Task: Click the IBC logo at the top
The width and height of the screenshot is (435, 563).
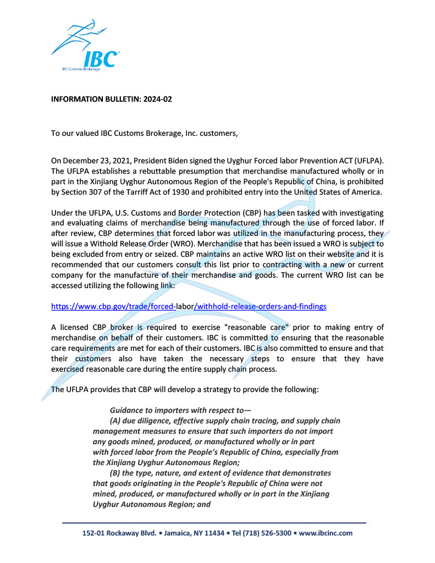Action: pos(85,46)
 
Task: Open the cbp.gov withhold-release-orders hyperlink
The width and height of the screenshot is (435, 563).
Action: pos(189,306)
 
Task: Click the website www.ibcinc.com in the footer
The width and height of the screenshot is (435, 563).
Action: pos(326,533)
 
